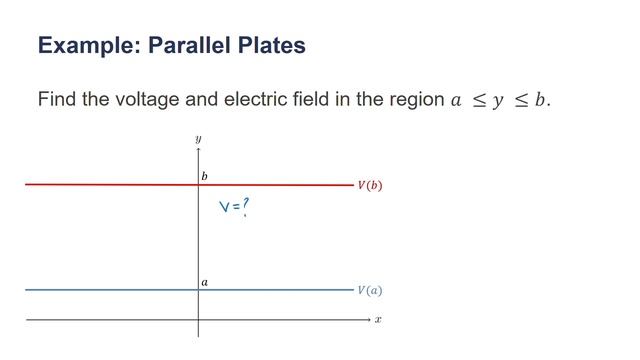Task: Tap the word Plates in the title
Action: point(272,46)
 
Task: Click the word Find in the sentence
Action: point(57,100)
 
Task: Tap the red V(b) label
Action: point(370,186)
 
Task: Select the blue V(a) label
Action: point(370,291)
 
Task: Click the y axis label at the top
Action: point(198,138)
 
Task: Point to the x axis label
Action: point(378,320)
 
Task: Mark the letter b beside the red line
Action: point(204,176)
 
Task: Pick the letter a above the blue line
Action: point(204,282)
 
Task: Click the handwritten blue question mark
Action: point(245,205)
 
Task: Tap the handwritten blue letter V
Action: point(225,208)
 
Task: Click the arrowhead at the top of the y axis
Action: point(198,149)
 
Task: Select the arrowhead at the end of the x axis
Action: point(367,320)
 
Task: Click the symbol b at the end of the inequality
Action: point(541,100)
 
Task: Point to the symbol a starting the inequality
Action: point(457,101)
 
